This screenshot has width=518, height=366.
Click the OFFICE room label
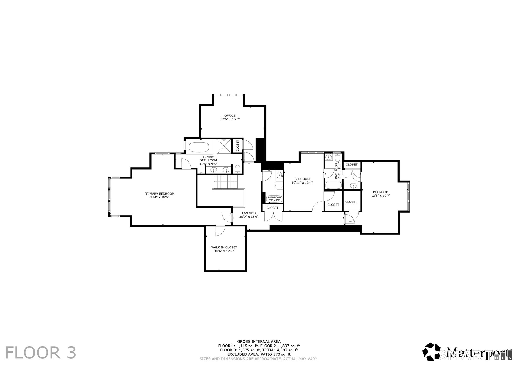tap(230, 116)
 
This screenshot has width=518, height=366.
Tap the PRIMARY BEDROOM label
tap(159, 194)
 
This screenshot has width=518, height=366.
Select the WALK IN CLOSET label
tap(224, 247)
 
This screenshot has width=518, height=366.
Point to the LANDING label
tap(249, 213)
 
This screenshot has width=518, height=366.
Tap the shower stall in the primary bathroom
tap(224, 146)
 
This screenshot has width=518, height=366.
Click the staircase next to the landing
tap(226, 182)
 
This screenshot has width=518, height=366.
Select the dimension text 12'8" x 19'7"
tap(381, 196)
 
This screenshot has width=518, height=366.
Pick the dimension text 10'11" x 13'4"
tap(302, 182)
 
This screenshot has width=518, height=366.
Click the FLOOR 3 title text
tap(40, 353)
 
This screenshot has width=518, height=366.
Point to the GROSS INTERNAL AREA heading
tap(259, 341)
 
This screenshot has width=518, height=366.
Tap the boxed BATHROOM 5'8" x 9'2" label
tap(274, 199)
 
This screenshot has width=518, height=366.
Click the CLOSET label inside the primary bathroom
tap(238, 146)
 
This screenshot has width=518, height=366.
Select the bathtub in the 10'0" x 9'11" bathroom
tap(333, 185)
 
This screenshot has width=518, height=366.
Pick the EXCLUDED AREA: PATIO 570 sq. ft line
tap(259, 354)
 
